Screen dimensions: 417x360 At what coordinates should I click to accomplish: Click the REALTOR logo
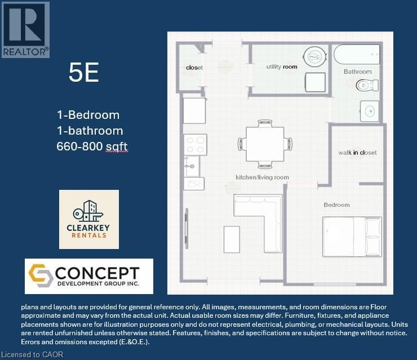click(25, 29)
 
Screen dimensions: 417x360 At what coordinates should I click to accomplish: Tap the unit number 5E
click(84, 72)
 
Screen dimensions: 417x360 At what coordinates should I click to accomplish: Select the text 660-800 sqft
click(92, 146)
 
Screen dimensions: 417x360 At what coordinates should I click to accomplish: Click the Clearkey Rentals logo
click(89, 219)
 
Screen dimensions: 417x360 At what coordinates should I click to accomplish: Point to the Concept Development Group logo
click(89, 276)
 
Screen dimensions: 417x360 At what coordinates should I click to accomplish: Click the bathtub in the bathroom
click(357, 54)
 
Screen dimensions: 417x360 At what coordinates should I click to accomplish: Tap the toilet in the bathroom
click(367, 85)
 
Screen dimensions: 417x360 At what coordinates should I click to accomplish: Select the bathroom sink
click(370, 111)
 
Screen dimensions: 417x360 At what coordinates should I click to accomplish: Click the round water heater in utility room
click(315, 57)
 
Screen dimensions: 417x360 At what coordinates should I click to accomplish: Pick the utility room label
click(282, 66)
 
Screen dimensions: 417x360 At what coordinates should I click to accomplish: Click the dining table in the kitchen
click(265, 144)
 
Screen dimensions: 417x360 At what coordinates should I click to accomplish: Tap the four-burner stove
click(195, 145)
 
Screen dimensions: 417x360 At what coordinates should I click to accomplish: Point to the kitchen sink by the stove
click(192, 166)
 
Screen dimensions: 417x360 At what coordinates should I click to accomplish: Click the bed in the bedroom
click(352, 237)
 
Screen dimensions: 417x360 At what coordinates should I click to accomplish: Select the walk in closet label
click(357, 153)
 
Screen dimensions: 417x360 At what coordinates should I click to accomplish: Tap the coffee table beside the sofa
click(232, 239)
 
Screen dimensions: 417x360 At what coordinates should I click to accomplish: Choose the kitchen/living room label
click(262, 177)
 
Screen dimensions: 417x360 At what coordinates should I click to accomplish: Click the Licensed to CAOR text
click(32, 355)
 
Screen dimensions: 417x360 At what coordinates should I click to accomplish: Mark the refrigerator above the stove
click(194, 110)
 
